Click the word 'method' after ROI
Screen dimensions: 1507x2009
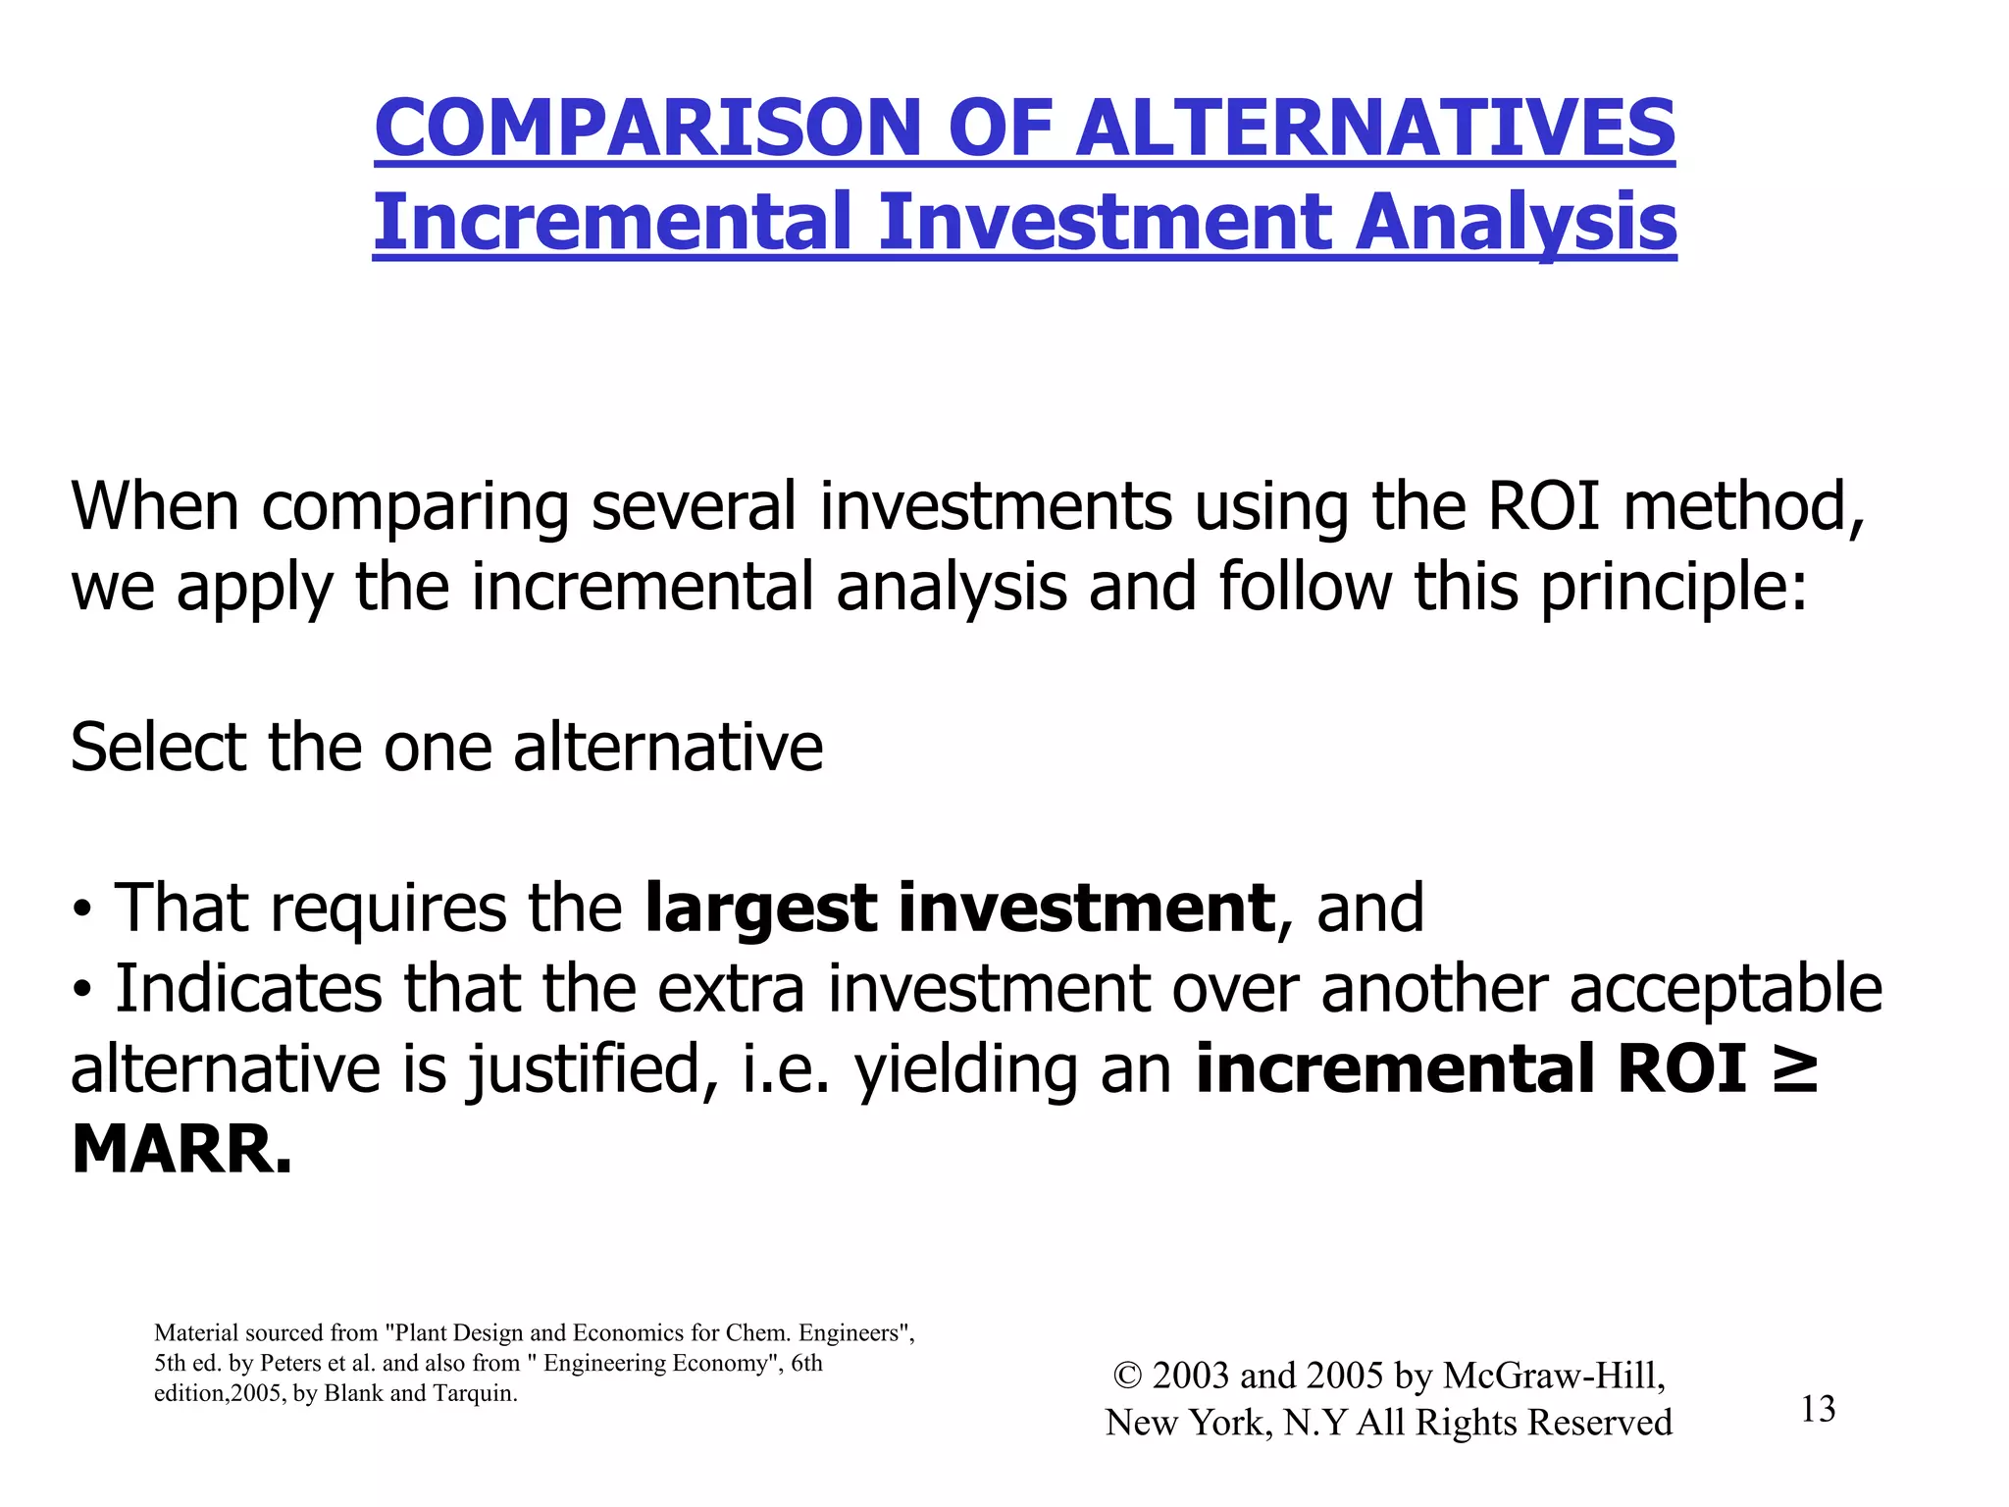(1740, 506)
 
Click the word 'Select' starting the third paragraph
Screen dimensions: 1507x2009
(157, 748)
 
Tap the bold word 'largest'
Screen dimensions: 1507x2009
(761, 909)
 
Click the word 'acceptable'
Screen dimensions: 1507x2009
(1726, 989)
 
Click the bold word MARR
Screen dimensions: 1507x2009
(181, 1150)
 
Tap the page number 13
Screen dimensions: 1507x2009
(1818, 1410)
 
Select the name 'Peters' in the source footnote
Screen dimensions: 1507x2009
(291, 1364)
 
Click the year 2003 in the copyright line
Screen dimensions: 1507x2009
(1191, 1377)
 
